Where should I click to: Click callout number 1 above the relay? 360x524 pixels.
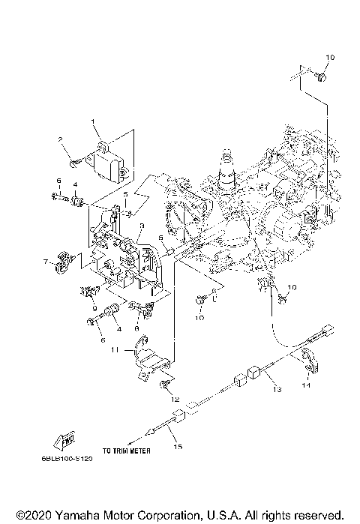[94, 122]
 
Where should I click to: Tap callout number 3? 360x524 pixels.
[140, 226]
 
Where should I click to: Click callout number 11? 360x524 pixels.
[115, 350]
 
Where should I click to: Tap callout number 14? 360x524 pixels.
[305, 386]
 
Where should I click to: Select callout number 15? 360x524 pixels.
[178, 448]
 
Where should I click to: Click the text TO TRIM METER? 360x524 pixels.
[127, 451]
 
